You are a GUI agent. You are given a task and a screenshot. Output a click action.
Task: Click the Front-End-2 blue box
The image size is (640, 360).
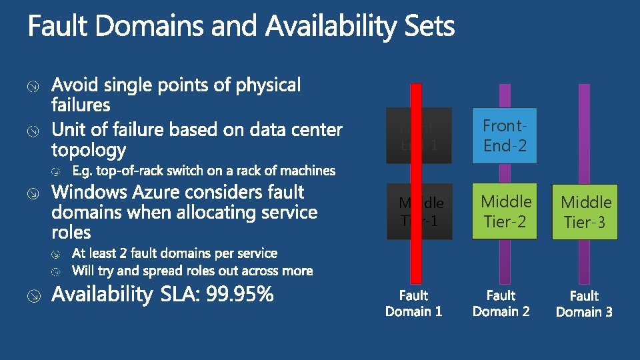tap(505, 135)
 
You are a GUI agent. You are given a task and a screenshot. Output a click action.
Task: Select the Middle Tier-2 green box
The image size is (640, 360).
tap(506, 211)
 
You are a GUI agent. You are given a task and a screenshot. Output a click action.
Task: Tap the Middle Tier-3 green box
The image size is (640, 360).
tap(586, 212)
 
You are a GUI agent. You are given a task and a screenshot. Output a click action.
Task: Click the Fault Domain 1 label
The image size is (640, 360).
tap(413, 303)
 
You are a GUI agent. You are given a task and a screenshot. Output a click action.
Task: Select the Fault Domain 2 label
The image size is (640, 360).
tap(501, 303)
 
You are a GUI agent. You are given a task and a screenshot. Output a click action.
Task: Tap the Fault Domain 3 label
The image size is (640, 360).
tap(584, 303)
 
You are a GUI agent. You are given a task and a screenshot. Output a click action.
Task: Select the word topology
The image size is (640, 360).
tap(89, 150)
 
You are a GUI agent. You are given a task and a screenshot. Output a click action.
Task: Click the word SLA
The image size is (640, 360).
tap(181, 294)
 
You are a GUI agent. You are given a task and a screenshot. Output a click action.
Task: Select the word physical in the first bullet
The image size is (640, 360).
tap(263, 86)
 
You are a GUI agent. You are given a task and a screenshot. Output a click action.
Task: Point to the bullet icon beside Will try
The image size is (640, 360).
tap(58, 271)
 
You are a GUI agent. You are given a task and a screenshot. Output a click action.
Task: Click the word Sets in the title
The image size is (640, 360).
tap(430, 27)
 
